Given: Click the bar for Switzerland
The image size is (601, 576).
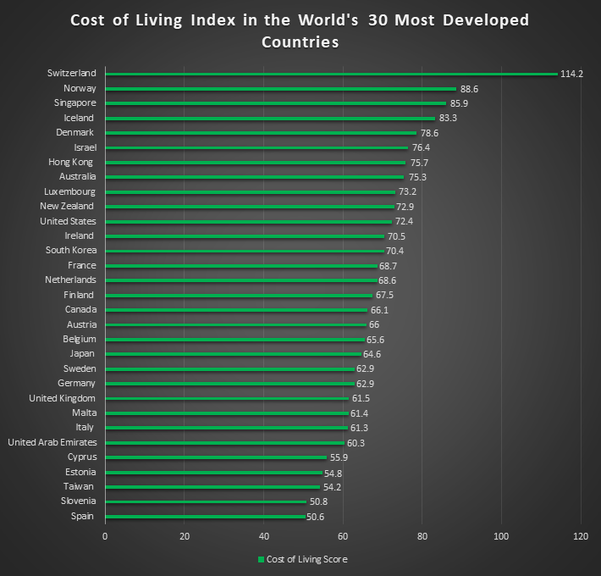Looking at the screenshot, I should [x=330, y=74].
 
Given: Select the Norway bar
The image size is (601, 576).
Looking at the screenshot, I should [x=279, y=88].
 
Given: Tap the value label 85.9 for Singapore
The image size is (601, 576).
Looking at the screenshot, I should [x=458, y=103].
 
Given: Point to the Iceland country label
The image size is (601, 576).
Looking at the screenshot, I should [x=79, y=118].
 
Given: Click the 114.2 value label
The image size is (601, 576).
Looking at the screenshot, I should [x=571, y=74].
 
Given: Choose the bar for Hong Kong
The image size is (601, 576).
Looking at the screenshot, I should [x=254, y=162].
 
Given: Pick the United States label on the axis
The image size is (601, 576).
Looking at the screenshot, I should [x=68, y=221].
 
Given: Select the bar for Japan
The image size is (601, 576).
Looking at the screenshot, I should [x=233, y=354].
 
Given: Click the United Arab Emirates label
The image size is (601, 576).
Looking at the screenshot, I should [x=52, y=442].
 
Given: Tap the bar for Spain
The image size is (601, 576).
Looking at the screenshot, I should [x=205, y=516].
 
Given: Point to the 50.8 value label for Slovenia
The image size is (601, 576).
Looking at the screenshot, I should [x=320, y=501].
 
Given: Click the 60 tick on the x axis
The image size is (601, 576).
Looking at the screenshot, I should [x=343, y=536].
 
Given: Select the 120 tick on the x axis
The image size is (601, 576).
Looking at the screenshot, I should [x=581, y=536].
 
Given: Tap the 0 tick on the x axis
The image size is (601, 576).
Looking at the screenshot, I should [x=105, y=536].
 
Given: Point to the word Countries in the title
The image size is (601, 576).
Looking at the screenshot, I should [x=300, y=42].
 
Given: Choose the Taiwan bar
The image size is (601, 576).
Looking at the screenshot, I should [x=212, y=487].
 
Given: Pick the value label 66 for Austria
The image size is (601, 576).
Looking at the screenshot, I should [x=374, y=324].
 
